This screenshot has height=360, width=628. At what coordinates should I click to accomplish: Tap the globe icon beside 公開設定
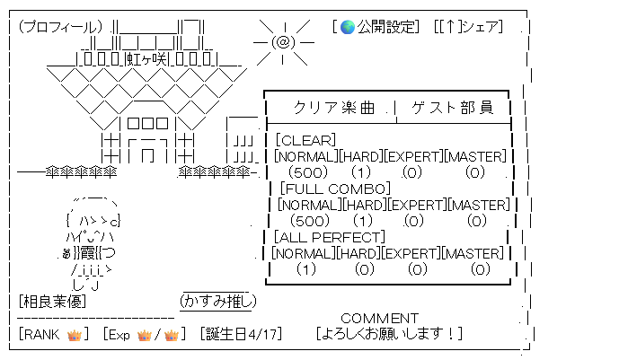click(x=349, y=26)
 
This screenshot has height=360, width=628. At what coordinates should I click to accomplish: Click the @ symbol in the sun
click(x=282, y=42)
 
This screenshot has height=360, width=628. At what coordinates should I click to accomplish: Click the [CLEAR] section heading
click(x=305, y=140)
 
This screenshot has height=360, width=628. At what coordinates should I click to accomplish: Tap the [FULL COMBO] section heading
click(x=334, y=189)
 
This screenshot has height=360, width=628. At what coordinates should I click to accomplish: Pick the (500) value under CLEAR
click(x=310, y=172)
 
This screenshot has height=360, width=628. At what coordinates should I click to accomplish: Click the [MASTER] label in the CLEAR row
click(x=476, y=156)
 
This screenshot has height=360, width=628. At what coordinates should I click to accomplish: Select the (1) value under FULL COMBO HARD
click(x=362, y=221)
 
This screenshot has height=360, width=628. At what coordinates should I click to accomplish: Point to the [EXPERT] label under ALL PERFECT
click(x=413, y=253)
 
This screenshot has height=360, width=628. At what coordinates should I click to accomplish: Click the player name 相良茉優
click(x=50, y=301)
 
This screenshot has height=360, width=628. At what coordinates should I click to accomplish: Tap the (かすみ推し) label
click(x=218, y=301)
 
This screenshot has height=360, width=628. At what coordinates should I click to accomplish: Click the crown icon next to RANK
click(x=75, y=334)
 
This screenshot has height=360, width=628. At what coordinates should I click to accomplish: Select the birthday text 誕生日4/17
click(x=241, y=334)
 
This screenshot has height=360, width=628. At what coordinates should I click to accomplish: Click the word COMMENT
click(x=379, y=318)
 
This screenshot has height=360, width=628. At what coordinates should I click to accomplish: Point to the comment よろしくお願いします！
click(x=389, y=334)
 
